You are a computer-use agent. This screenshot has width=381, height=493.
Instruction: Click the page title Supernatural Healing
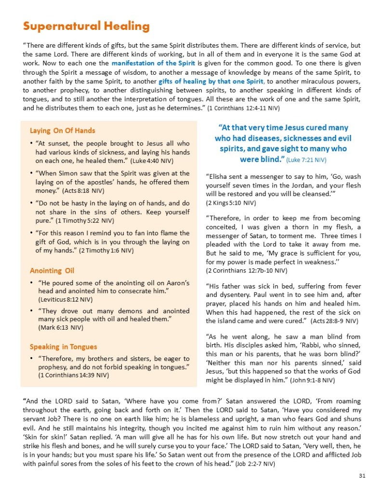pos(86,26)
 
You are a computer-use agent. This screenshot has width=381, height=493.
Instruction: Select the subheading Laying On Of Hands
pos(62,130)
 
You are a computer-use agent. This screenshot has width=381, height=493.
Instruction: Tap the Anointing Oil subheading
pos(52,270)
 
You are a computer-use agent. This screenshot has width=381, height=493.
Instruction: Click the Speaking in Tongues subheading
pos(63,346)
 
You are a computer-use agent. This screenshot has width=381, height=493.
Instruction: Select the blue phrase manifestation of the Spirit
pos(153,63)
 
